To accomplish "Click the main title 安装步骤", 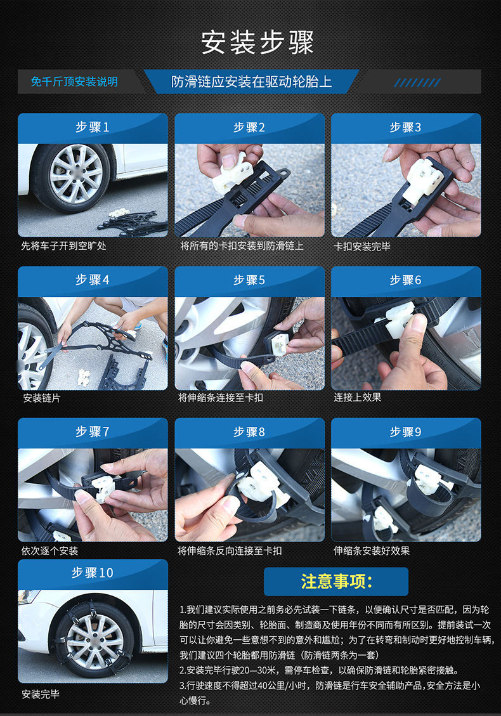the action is [257, 42].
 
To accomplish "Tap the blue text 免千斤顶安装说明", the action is [74, 82].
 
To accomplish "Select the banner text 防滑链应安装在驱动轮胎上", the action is [251, 82].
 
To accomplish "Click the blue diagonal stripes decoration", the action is [417, 82].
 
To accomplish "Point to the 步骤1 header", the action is [93, 127].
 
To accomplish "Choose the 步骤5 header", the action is [249, 280].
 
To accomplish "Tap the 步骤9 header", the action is [405, 431].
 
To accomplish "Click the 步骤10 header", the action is [93, 573].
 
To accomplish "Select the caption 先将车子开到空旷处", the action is [63, 245].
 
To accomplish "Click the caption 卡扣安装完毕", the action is [362, 247].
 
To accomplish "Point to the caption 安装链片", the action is [42, 398].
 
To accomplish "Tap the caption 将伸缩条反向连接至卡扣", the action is [230, 550].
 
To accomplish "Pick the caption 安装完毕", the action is [41, 694].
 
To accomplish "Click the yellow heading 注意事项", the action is [337, 582].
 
